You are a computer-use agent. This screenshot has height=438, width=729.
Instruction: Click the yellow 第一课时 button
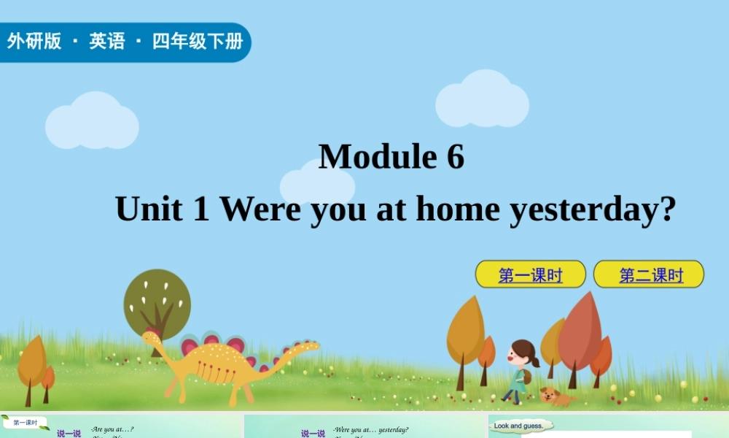[530, 274]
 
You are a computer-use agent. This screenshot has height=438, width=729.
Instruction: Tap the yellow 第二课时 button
[649, 274]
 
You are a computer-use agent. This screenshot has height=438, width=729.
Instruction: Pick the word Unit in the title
[149, 210]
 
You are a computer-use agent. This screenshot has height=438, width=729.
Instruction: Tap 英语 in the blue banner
[107, 42]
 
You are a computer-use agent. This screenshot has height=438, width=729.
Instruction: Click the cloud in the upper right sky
[482, 100]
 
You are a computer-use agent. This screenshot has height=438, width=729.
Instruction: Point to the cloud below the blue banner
[92, 122]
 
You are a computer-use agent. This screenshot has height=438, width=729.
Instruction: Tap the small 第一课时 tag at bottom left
[26, 423]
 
